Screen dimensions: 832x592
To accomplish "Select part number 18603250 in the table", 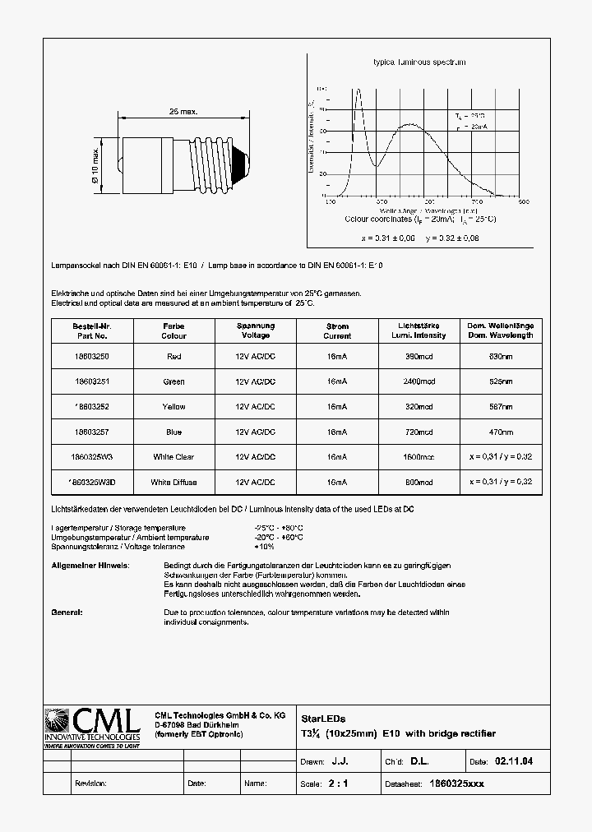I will coord(90,357).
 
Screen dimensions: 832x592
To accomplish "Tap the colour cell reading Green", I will coord(173,381).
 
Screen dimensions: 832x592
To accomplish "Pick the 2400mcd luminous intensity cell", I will coord(420,381).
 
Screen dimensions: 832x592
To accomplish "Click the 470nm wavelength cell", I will coord(501,432).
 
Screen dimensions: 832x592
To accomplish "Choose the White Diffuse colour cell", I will coord(173,482).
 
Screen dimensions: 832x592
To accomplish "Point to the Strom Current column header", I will coord(337,330).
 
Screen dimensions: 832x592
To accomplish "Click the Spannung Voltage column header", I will coord(255,330).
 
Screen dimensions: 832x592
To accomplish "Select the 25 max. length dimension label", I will coord(183,111).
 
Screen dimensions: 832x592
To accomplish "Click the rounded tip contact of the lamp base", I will coord(241,164).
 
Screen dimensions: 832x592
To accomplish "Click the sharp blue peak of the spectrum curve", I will coord(358,90).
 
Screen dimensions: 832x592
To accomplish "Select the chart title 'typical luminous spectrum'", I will coord(419,62).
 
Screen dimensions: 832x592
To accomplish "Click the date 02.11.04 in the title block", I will coord(514,762).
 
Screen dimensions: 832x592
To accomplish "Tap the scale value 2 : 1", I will coord(338,783).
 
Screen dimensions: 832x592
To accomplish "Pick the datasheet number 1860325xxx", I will coord(458,783).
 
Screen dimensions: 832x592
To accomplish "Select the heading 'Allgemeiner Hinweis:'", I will coord(90,566).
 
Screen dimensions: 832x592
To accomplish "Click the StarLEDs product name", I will coord(319,718).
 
